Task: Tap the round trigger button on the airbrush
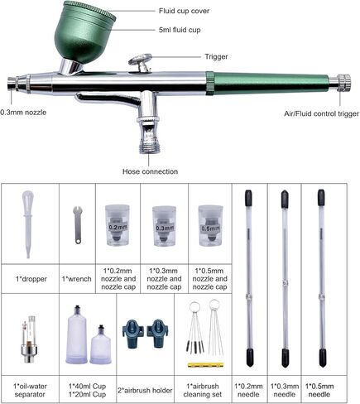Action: tap(141, 59)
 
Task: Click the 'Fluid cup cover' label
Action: tap(184, 11)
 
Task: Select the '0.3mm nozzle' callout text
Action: tap(23, 113)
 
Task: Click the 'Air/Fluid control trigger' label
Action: tap(322, 113)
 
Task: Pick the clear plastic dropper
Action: tap(28, 224)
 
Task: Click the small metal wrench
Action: tap(78, 225)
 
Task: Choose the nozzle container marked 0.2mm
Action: tap(118, 225)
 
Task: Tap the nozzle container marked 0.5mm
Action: tap(210, 225)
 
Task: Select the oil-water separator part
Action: tap(29, 342)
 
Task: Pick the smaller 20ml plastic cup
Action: tap(101, 344)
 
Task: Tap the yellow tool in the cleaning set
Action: tap(205, 365)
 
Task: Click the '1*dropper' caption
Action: tap(31, 279)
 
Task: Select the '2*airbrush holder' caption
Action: tap(145, 391)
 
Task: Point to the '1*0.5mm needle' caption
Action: tap(319, 390)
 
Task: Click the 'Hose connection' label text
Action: tap(150, 171)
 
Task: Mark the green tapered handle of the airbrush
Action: tap(267, 84)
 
